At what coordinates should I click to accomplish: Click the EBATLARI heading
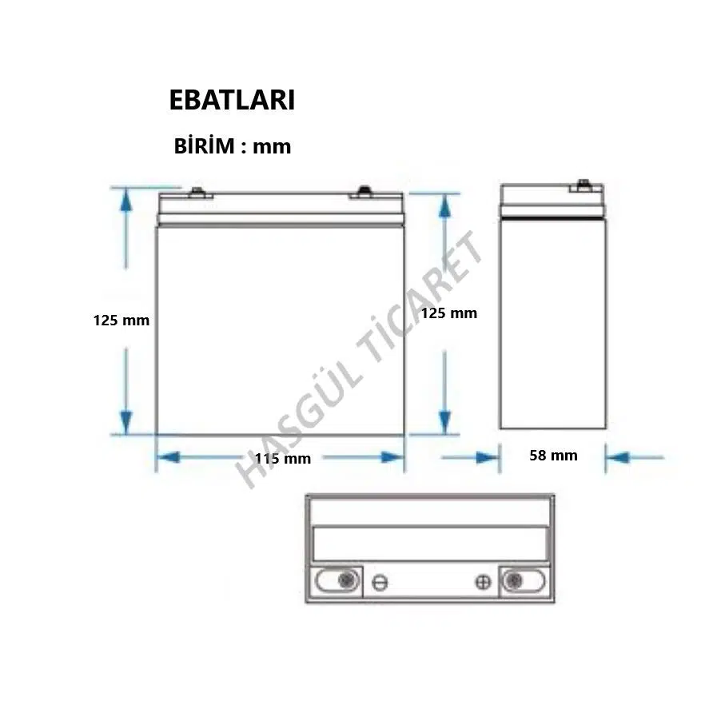232,99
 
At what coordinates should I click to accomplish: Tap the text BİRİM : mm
233,145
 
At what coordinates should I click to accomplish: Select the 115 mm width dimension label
283,459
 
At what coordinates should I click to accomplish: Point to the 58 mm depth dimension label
554,456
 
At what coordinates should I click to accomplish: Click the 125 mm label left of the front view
121,320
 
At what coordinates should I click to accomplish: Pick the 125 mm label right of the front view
449,313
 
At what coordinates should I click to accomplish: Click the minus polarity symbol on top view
380,583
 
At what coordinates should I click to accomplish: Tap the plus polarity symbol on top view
483,582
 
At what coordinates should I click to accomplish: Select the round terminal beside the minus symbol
347,580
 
